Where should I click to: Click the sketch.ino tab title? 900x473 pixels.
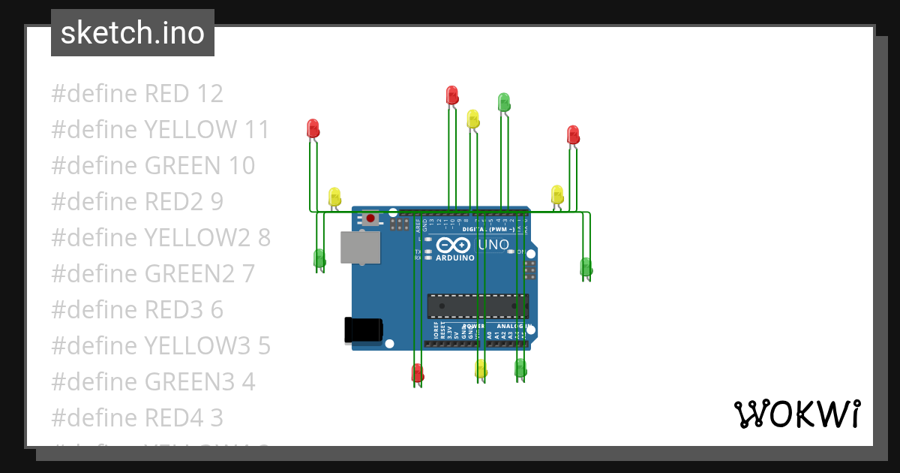click(133, 33)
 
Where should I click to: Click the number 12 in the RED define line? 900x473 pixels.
click(209, 94)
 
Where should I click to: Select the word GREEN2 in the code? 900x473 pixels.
click(190, 274)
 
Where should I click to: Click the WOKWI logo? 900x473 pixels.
click(796, 414)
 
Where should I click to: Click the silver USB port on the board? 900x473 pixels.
click(360, 247)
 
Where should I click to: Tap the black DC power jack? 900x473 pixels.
click(363, 330)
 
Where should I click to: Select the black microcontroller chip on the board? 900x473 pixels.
click(477, 306)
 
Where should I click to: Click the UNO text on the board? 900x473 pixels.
click(493, 245)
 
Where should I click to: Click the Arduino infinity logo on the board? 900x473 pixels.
click(452, 246)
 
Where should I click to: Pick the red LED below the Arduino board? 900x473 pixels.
click(418, 372)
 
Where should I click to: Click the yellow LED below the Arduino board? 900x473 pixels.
click(481, 368)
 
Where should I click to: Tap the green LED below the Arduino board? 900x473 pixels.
click(520, 367)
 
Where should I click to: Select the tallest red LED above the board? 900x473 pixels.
click(452, 95)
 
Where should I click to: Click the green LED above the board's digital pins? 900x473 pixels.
click(504, 101)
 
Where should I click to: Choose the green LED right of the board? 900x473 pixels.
click(586, 267)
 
